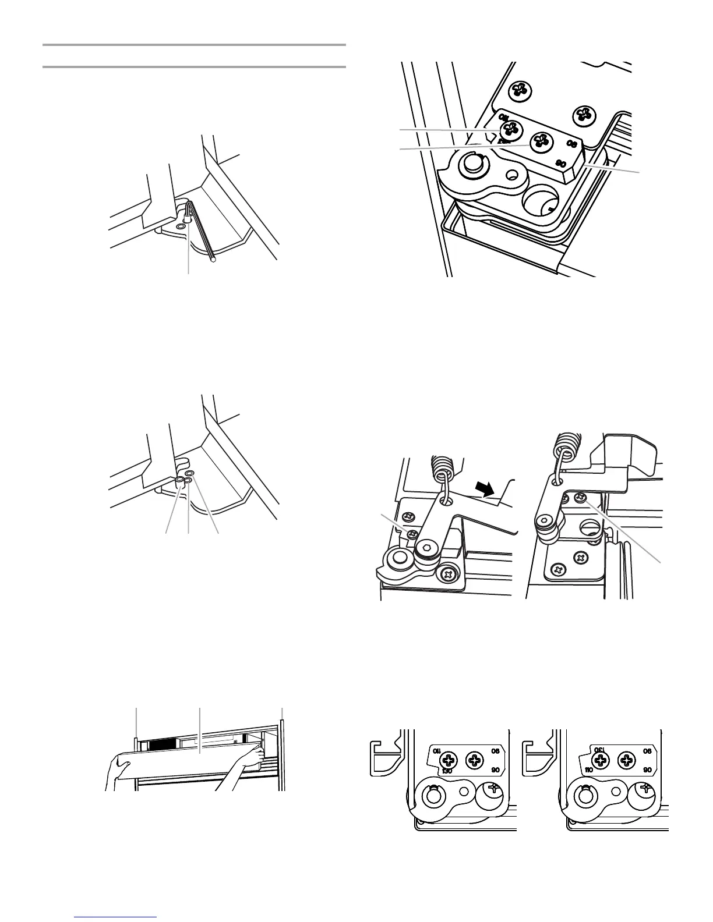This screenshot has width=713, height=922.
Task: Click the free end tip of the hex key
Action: (x=214, y=260)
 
